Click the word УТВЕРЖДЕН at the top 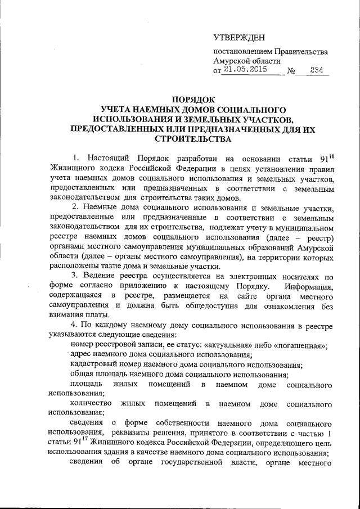point(238,38)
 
